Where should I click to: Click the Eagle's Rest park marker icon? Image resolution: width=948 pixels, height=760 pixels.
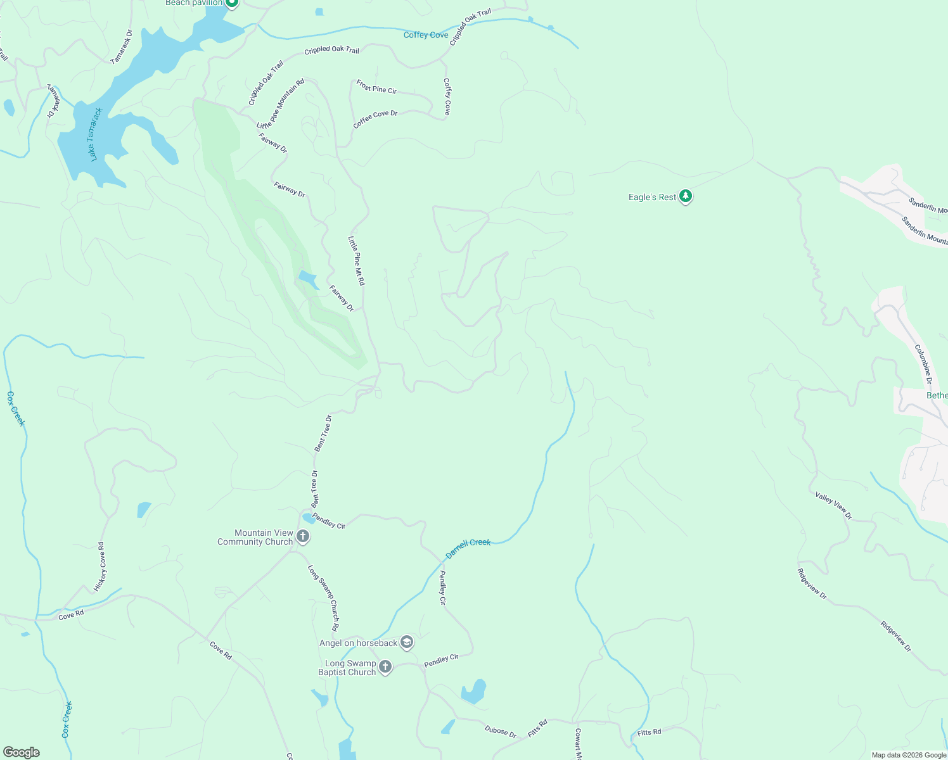(685, 196)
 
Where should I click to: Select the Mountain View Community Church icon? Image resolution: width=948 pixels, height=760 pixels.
(303, 537)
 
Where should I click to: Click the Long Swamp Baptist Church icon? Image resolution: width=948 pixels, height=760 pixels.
(385, 667)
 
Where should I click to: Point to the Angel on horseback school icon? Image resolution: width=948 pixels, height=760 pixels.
(407, 643)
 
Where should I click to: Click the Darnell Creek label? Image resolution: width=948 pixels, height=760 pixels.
(468, 548)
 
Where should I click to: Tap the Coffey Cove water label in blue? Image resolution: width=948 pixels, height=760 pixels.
(426, 35)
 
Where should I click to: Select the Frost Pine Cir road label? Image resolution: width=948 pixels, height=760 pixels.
(376, 87)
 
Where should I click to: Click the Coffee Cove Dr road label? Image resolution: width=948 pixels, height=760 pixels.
(375, 119)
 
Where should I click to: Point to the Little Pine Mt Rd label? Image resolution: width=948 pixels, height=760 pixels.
(356, 260)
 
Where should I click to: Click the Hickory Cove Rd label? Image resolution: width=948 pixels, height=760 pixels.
(101, 567)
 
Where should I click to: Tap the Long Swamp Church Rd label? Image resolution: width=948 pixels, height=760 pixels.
(323, 598)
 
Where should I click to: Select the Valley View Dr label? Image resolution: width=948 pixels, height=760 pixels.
(833, 505)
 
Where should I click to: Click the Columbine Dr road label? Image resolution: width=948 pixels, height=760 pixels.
(923, 364)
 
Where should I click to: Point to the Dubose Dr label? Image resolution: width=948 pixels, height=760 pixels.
(501, 731)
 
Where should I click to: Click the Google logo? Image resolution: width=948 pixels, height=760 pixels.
(22, 752)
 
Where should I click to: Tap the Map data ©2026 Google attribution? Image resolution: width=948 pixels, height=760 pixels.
(909, 755)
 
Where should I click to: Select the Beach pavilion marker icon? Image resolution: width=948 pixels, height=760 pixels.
(232, 3)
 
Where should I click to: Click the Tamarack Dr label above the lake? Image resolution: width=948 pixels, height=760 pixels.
(122, 47)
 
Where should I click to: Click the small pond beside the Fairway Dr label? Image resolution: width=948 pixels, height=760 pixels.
(308, 278)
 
